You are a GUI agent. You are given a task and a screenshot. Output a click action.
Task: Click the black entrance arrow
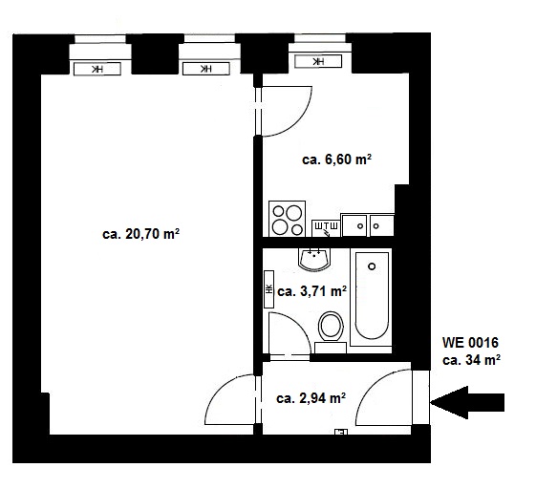pos(467,402)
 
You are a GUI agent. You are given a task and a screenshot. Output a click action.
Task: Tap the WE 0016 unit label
pos(470,343)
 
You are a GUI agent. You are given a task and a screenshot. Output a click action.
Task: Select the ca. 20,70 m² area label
pos(140,234)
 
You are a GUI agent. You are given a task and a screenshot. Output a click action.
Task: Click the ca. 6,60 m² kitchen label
pos(336,159)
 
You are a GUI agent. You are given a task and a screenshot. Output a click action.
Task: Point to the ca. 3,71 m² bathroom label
pos(312,291)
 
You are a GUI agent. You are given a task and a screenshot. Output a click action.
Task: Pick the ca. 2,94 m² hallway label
pos(311,398)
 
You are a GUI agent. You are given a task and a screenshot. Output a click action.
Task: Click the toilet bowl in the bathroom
pos(331,326)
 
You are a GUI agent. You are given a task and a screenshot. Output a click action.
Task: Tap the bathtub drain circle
pos(372,266)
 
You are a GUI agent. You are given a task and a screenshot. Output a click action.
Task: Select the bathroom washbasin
pos(314,260)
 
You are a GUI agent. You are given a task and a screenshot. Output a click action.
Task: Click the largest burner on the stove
pos(293,213)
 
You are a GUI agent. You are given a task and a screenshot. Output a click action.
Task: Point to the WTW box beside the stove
pos(326,228)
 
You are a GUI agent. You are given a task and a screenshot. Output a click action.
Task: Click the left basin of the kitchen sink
pos(354,225)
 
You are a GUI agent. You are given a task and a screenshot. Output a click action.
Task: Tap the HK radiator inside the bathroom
pos(269,289)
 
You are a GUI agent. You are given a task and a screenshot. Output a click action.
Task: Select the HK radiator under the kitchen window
pos(318,61)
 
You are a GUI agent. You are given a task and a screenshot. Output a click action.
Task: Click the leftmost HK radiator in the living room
pos(97,69)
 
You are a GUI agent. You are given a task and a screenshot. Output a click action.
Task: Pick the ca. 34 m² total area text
pos(472,360)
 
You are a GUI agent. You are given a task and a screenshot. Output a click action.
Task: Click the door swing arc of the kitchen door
pos(302,120)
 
